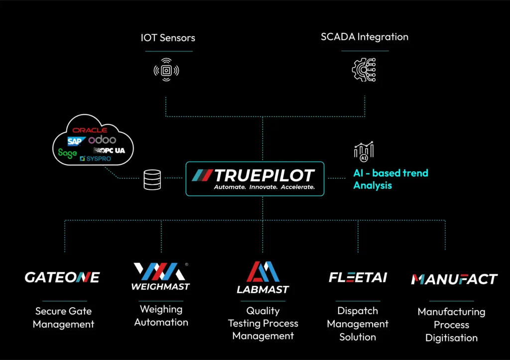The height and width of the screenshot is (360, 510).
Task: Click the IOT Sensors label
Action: [168, 38]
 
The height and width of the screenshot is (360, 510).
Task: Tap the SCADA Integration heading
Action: [365, 37]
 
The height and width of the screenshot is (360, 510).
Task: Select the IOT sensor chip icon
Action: [166, 70]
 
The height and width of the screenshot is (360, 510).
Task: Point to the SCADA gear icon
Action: [364, 70]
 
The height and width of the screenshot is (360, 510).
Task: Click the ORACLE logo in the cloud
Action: [90, 130]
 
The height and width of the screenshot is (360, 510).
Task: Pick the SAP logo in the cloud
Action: [76, 141]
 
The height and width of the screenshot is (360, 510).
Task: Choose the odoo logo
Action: [102, 140]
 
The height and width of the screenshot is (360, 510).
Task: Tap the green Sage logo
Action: [68, 153]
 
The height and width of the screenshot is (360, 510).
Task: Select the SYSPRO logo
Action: [96, 159]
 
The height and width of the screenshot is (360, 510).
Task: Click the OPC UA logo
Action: [109, 150]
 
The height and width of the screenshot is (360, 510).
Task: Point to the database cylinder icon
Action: [152, 180]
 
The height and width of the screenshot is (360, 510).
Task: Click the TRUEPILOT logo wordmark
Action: [254, 175]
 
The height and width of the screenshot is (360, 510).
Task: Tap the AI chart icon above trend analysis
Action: [364, 151]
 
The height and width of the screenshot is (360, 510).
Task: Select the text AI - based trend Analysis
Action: [390, 179]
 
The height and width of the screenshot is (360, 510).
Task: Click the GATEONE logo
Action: [62, 277]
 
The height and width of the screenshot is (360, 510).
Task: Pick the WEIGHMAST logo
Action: [161, 276]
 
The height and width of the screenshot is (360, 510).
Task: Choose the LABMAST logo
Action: [263, 277]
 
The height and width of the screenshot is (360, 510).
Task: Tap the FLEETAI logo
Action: [358, 277]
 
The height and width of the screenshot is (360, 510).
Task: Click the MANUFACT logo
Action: [454, 279]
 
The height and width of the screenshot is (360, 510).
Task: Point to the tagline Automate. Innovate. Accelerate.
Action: [264, 187]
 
